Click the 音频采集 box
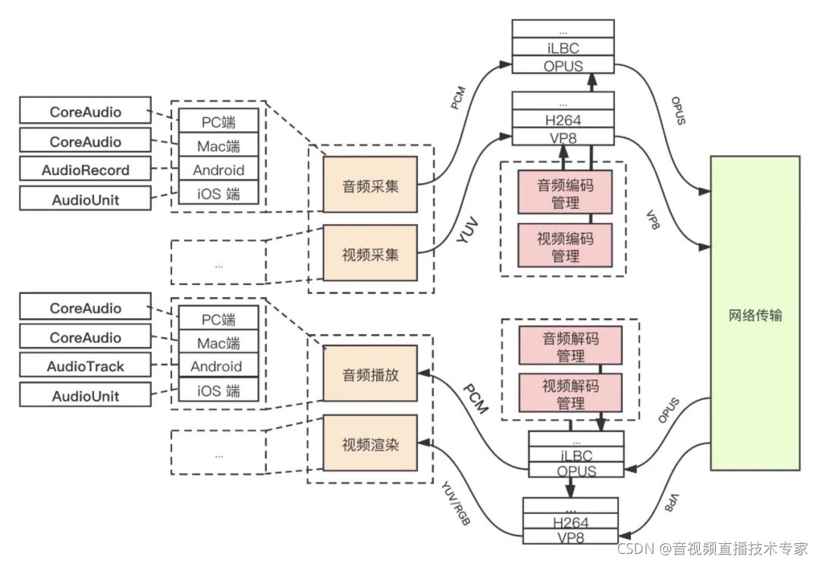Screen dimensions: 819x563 (370, 184)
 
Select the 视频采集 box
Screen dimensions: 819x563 (370, 253)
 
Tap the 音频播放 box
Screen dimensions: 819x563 (370, 373)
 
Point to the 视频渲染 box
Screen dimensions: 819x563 (370, 443)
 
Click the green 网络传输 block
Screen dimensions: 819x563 (755, 313)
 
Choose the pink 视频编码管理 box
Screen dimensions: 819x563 (565, 246)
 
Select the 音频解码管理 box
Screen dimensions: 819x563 (570, 346)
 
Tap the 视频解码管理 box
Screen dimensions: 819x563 (570, 393)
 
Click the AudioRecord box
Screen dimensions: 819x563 (85, 170)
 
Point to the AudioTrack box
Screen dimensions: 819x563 (85, 366)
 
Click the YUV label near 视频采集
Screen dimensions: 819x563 (467, 231)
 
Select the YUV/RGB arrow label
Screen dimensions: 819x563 (456, 503)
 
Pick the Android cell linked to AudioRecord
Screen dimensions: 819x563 (218, 170)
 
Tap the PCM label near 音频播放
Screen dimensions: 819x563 (475, 399)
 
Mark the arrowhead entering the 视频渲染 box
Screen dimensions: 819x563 (424, 443)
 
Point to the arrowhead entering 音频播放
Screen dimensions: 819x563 (424, 373)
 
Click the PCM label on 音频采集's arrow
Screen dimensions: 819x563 (458, 98)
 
